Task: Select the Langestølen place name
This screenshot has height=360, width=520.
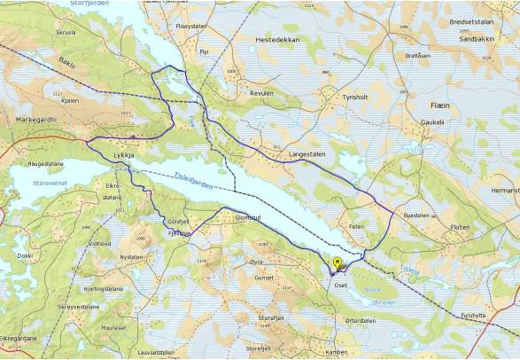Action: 307,154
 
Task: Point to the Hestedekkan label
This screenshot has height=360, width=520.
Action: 276,40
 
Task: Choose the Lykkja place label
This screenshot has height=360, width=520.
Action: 123,155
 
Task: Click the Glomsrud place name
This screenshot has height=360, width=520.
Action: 245,217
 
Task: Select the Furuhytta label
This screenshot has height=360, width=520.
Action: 474,315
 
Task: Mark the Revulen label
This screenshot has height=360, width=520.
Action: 261,92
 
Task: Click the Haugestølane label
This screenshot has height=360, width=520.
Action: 47,164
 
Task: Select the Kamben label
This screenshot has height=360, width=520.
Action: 337,351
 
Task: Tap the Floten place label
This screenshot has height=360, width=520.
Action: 461,227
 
